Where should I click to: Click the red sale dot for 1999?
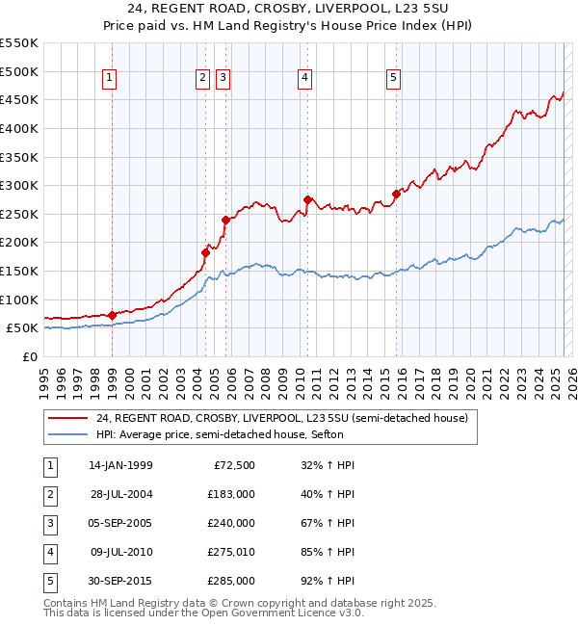(112, 315)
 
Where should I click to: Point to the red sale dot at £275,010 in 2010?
(307, 199)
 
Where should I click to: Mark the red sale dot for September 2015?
(396, 194)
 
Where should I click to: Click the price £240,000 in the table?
(231, 523)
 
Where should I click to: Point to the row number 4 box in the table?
(49, 552)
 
